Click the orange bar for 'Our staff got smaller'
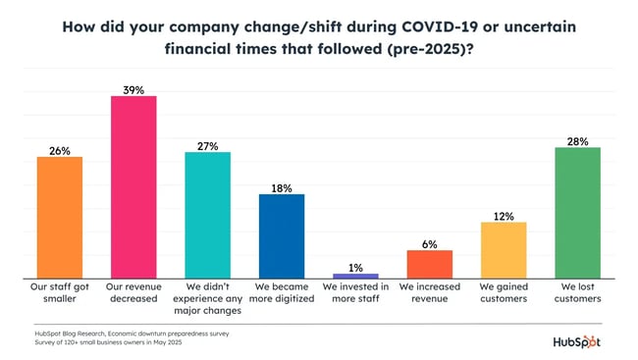(x=60, y=218)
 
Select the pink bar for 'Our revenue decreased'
(x=133, y=187)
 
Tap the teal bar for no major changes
(x=207, y=216)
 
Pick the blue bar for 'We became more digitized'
(x=282, y=236)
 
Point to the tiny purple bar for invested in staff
(x=355, y=277)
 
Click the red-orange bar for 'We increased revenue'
(x=429, y=265)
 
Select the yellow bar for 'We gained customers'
(x=504, y=250)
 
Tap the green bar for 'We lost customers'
(x=577, y=213)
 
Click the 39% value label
(x=133, y=89)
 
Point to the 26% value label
(x=60, y=150)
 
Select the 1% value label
(x=355, y=266)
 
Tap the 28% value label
(x=577, y=141)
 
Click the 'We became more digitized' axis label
(x=282, y=293)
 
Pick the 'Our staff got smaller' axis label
(x=60, y=293)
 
